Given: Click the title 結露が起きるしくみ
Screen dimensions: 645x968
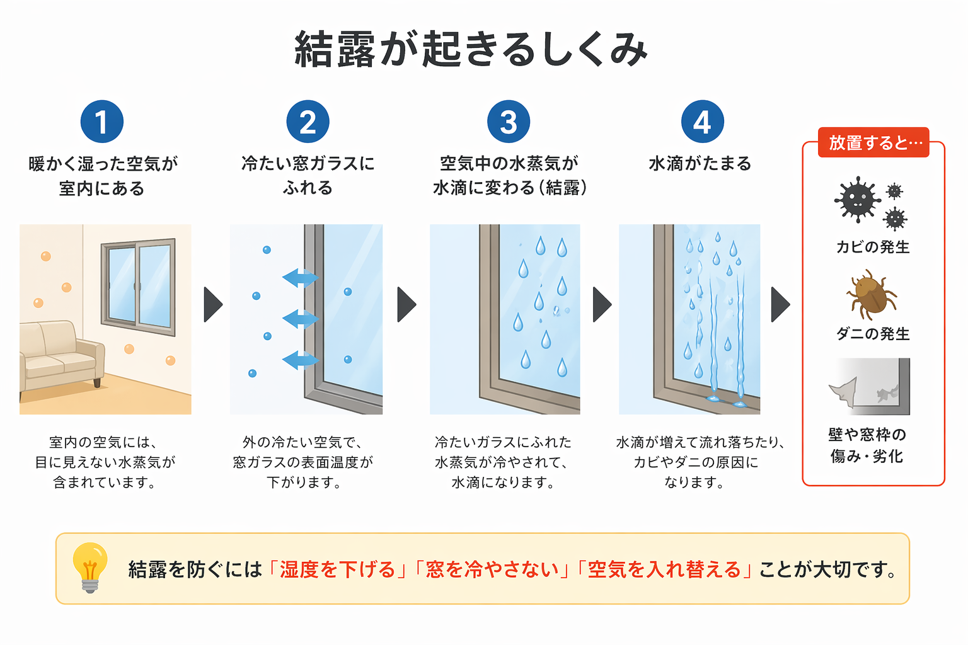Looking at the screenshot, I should pos(471,49).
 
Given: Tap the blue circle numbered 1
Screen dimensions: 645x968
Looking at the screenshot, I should pos(101,122).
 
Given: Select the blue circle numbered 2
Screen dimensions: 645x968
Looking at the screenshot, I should pos(308,122).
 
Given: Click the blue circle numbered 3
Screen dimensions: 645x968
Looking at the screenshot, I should pos(509,122).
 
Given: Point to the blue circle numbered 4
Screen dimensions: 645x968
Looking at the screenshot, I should pos(702,122).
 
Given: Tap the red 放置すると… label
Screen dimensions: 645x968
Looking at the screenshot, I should pos(873,143).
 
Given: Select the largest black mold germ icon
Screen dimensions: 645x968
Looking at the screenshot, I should pos(857,200).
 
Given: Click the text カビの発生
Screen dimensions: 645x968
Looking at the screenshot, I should pos(873,247).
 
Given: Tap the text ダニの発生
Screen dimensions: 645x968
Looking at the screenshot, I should pos(873,334).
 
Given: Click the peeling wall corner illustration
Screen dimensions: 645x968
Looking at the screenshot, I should pos(870,387).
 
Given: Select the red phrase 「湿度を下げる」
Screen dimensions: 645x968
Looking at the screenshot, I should pos(338,569).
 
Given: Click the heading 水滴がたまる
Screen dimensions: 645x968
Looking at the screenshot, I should pos(700,164).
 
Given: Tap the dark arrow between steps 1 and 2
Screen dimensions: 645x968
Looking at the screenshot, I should pos(213,305).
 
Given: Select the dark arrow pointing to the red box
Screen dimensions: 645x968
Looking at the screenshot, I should pos(780,305).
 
